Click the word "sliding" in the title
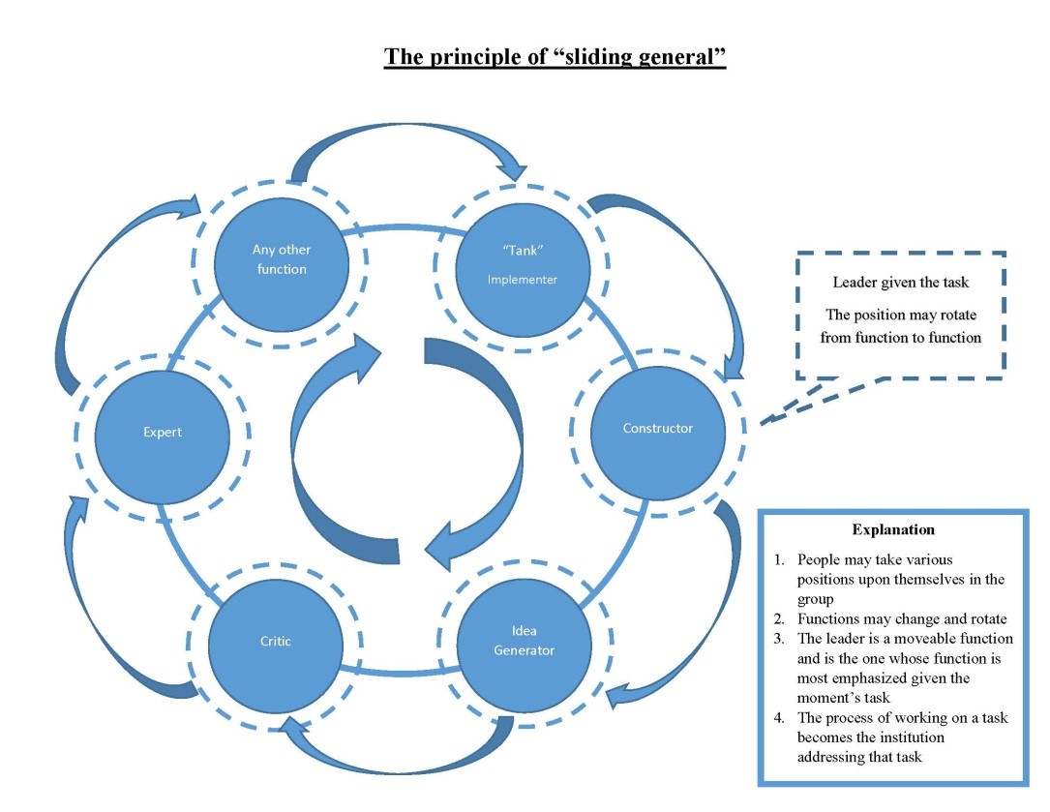click(570, 56)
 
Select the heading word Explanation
click(892, 529)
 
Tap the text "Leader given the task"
click(899, 283)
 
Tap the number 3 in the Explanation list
click(778, 639)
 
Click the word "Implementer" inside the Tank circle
click(522, 280)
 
